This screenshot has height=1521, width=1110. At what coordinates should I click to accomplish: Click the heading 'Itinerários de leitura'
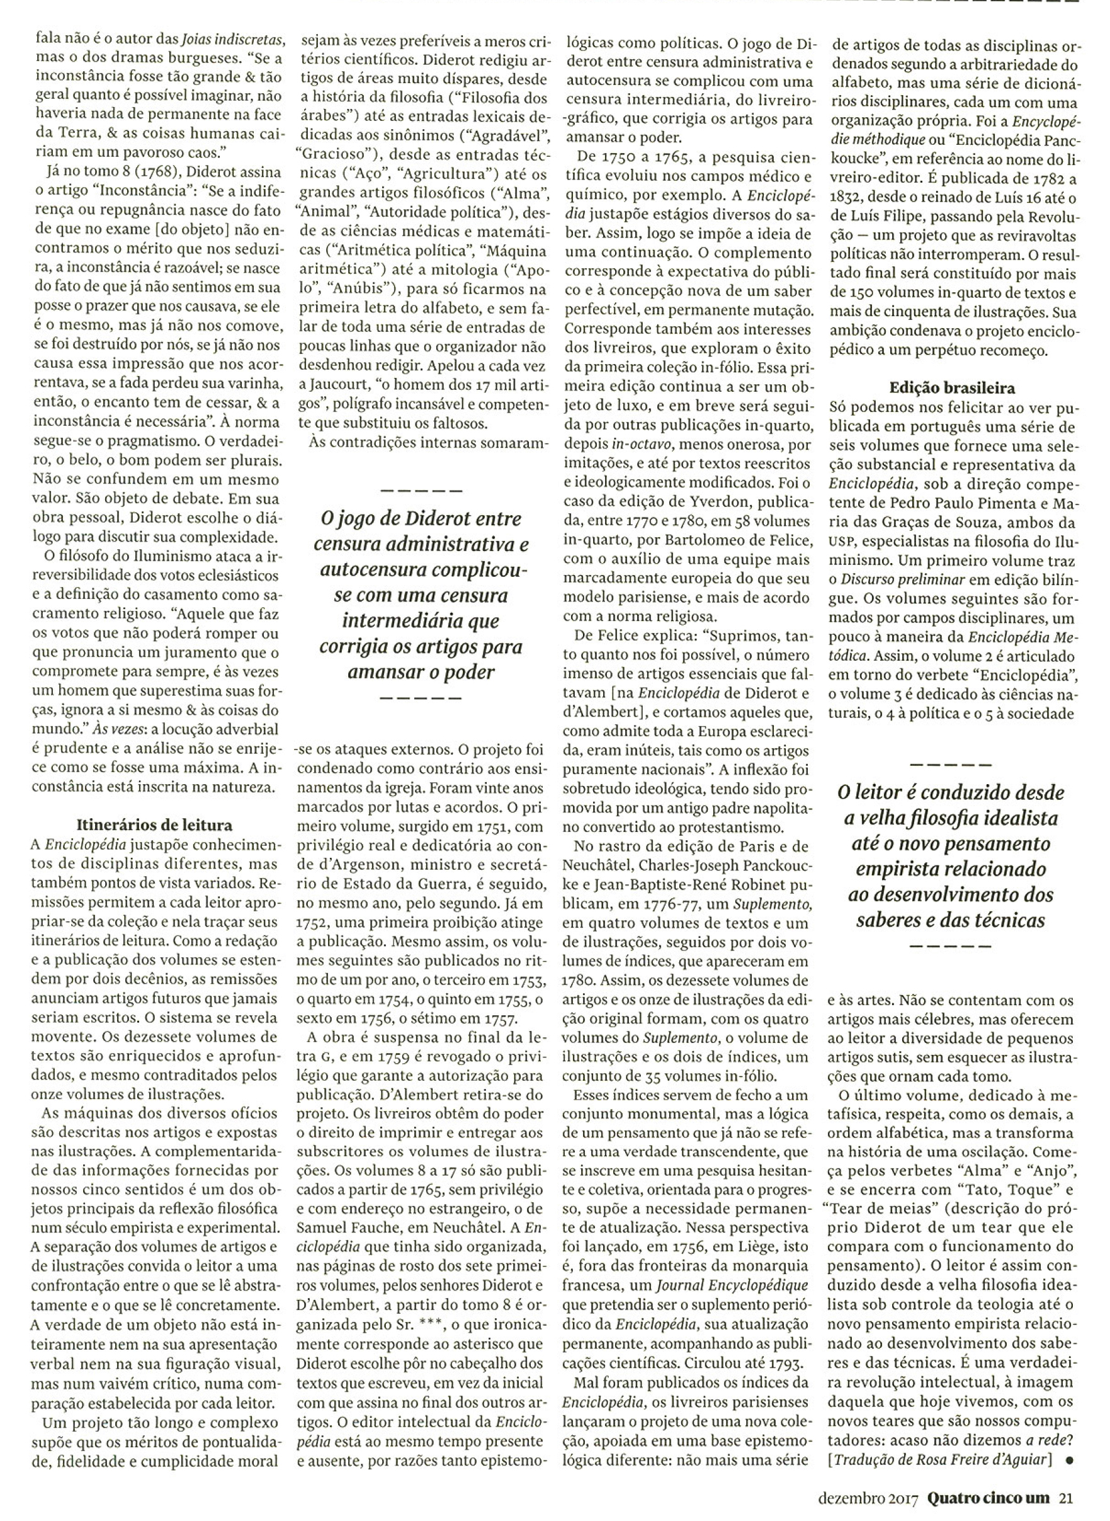pyautogui.click(x=154, y=824)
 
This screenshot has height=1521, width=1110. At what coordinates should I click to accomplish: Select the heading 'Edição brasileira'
pyautogui.click(x=952, y=388)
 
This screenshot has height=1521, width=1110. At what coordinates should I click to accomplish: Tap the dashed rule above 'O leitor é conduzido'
pyautogui.click(x=950, y=764)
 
